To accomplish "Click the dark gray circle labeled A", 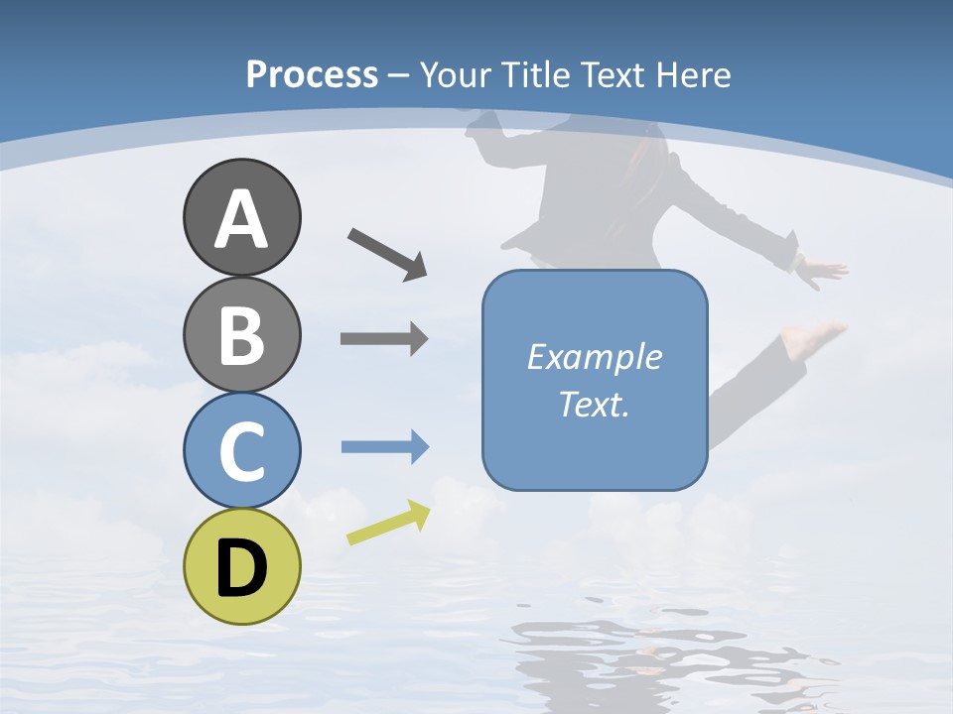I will (x=241, y=217).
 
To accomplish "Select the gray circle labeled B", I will (x=241, y=334).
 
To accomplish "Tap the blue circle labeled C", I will (x=241, y=450).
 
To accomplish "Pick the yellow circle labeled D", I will (x=241, y=567).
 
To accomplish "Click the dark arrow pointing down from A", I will (x=387, y=254).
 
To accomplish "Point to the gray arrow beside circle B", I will (x=384, y=339).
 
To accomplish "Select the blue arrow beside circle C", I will (x=385, y=447).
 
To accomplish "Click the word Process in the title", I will (x=312, y=75).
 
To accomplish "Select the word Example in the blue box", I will (x=594, y=357).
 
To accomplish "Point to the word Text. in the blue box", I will (x=594, y=404).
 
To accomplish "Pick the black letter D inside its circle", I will (x=241, y=568).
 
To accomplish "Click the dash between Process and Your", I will (x=399, y=75).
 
